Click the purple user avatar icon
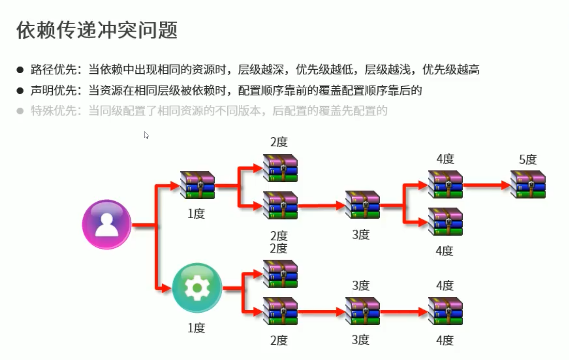[107, 224]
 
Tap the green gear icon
[197, 288]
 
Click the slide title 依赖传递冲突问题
[97, 30]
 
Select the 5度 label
[527, 159]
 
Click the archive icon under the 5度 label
[528, 184]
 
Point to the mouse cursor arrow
[146, 135]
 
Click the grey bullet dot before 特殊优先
[20, 111]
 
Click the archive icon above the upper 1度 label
[197, 185]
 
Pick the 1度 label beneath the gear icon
[196, 328]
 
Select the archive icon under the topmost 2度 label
[280, 168]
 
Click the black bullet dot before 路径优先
[20, 70]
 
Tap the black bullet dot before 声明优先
[20, 91]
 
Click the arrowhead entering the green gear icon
[166, 288]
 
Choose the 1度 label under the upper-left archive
[196, 214]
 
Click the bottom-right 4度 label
[445, 340]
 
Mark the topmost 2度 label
[279, 142]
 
